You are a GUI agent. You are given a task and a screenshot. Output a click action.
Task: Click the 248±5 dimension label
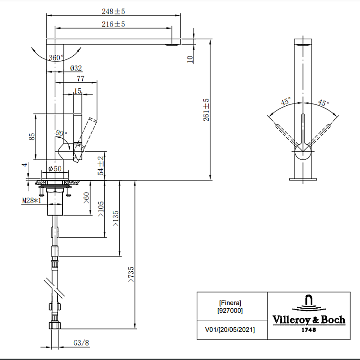point(113,11)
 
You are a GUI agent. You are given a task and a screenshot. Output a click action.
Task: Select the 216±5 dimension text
point(113,24)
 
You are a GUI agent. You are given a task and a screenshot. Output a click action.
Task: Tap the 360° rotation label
point(56,58)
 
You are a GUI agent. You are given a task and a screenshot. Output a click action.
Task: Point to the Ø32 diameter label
point(76,68)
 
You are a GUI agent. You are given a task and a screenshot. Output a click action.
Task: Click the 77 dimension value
point(81,79)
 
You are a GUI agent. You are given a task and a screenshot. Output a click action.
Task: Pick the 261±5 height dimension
point(206,110)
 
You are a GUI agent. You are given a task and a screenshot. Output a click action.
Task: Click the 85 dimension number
point(32,137)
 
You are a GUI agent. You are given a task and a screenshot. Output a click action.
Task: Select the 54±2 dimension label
point(100,166)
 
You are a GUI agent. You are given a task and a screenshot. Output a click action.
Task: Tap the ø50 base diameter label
point(55,169)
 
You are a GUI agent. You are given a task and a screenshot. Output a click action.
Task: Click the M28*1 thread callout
point(31,200)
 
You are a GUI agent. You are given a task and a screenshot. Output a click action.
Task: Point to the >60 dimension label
point(86,198)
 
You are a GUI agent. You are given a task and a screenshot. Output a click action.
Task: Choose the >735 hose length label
point(130,274)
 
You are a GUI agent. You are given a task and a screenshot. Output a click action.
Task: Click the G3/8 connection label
point(81,343)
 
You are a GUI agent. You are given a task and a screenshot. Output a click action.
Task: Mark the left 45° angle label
point(286,101)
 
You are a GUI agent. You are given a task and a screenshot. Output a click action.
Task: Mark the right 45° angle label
point(324,103)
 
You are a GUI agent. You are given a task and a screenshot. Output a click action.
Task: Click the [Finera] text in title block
point(230,303)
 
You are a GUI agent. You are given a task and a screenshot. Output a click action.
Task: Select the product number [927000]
point(230,310)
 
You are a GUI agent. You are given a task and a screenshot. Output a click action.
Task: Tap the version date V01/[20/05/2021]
point(230,330)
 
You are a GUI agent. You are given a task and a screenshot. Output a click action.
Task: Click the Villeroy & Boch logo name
point(309,320)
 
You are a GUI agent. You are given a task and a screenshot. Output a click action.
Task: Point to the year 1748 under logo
point(309,330)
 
